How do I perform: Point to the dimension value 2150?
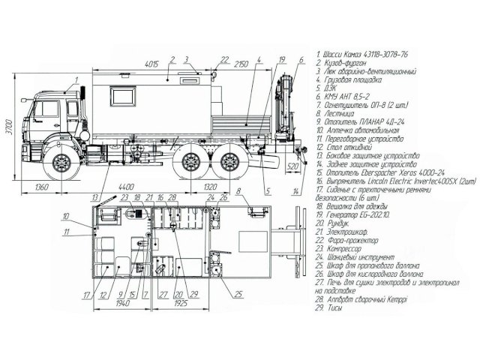pyautogui.click(x=241, y=62)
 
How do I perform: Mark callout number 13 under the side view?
pyautogui.click(x=95, y=196)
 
